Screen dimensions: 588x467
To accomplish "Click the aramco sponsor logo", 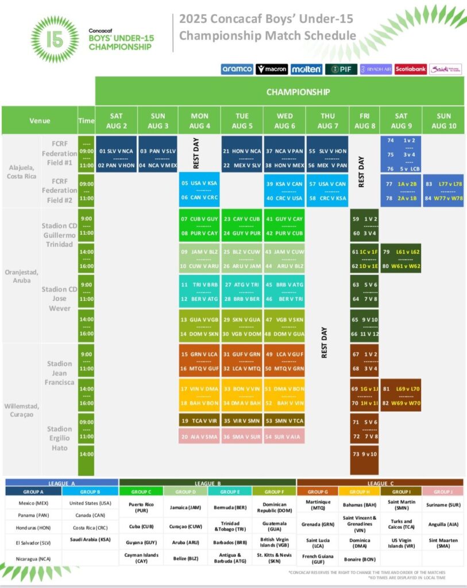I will tap(237, 69).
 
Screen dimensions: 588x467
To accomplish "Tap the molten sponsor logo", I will tap(306, 69).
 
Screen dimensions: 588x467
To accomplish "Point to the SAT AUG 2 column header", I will tap(116, 121).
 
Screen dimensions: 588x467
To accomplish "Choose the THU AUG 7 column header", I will tap(328, 121).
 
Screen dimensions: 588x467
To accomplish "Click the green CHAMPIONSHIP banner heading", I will tap(298, 91).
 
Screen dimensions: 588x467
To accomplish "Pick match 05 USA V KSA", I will tap(199, 183).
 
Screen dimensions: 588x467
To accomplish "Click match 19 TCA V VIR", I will tap(199, 421).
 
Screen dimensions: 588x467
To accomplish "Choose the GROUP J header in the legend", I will tap(442, 492).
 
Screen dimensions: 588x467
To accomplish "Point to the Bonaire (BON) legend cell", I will tap(359, 557).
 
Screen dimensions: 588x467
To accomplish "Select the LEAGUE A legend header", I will tap(61, 483).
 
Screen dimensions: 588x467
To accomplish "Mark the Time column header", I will tap(86, 121).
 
